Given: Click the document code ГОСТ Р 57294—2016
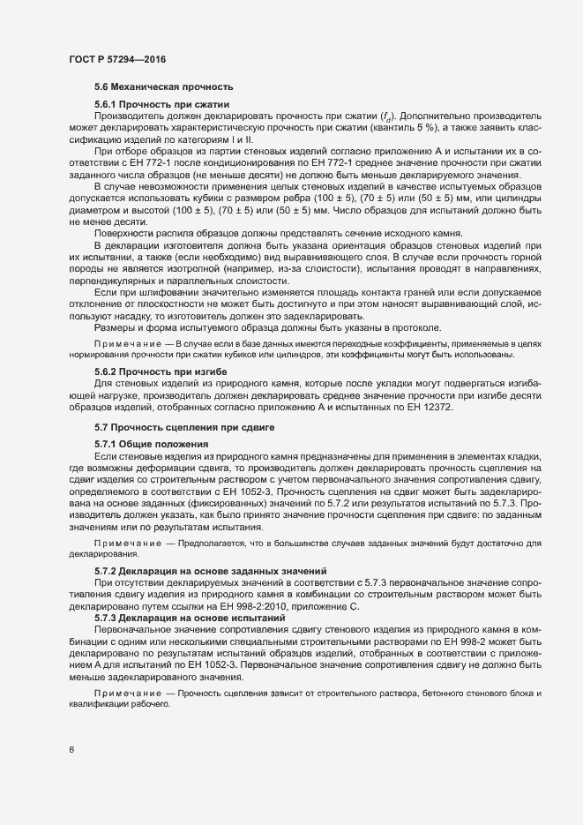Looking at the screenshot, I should click(x=117, y=59).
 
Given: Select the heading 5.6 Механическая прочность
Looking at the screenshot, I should click(x=163, y=87).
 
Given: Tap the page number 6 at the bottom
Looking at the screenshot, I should click(x=71, y=751).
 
